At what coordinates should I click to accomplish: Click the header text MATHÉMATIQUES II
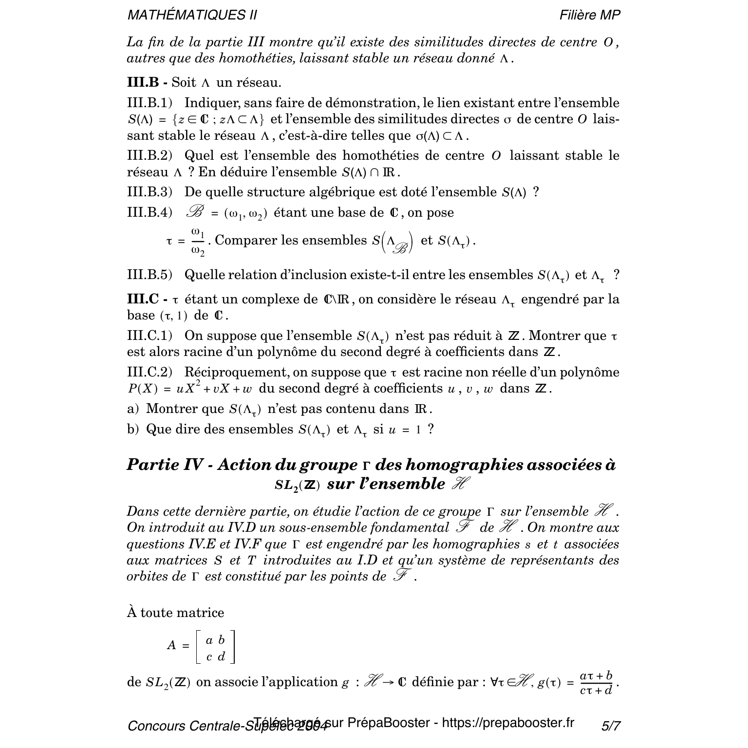pos(192,15)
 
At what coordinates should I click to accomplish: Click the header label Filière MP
pos(590,15)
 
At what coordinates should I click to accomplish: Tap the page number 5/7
pos(611,726)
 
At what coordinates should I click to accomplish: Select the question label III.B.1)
pos(150,103)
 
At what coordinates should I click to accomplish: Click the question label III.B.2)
pos(150,156)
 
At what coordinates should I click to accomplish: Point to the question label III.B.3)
pos(150,192)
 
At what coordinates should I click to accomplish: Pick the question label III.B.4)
pos(150,213)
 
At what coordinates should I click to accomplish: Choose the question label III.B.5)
pos(150,275)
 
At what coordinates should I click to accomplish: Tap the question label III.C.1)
pos(150,336)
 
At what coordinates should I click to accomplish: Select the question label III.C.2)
pos(150,373)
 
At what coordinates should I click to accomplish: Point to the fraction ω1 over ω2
pos(197,241)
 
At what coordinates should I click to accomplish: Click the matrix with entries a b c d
pos(215,647)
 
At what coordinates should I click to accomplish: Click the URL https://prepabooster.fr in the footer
pos(508,723)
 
